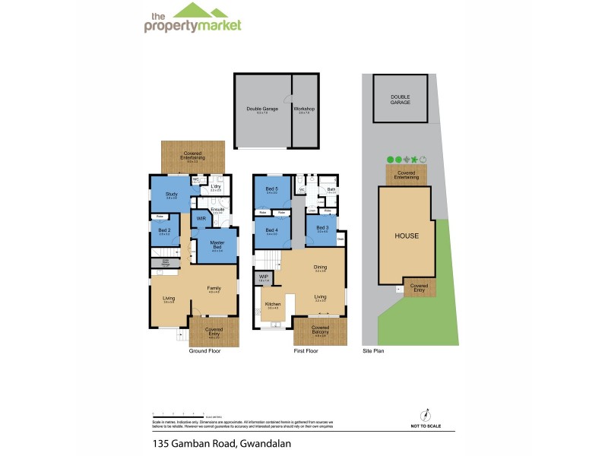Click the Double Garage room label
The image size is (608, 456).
coord(261,109)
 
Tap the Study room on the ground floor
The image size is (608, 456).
coord(170,195)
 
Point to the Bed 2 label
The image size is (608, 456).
coord(163,230)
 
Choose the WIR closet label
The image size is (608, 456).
coord(201,219)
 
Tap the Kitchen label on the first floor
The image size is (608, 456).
coord(272,304)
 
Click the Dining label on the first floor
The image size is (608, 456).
coord(321,268)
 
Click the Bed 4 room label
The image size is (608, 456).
coord(271,230)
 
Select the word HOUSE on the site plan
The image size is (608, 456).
coord(407,236)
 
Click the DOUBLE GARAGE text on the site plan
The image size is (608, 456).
coord(400,99)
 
